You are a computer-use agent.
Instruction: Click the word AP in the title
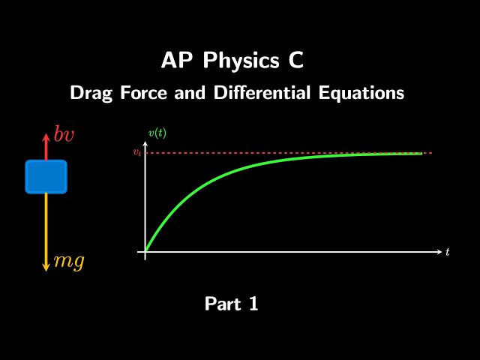[x=175, y=61]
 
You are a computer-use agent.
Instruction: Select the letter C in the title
[x=296, y=61]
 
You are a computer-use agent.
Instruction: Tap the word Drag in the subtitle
[x=88, y=94]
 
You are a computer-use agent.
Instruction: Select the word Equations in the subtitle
[x=367, y=94]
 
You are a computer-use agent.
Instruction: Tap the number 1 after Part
[x=253, y=304]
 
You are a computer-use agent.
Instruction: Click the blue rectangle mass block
[x=46, y=176]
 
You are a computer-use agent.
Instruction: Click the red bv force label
[x=64, y=136]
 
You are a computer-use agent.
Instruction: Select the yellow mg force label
[x=68, y=261]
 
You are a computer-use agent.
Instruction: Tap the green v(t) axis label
[x=157, y=133]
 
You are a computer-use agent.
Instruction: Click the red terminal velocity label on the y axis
[x=136, y=153]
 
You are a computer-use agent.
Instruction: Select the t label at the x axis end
[x=447, y=252]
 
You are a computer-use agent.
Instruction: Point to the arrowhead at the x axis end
[x=439, y=252]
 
